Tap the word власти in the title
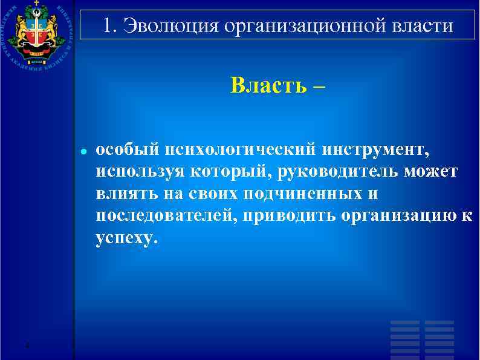pyautogui.click(x=422, y=26)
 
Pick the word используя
pyautogui.click(x=140, y=172)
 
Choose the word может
pyautogui.click(x=435, y=172)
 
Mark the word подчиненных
pyautogui.click(x=306, y=195)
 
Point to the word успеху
pyautogui.click(x=126, y=240)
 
